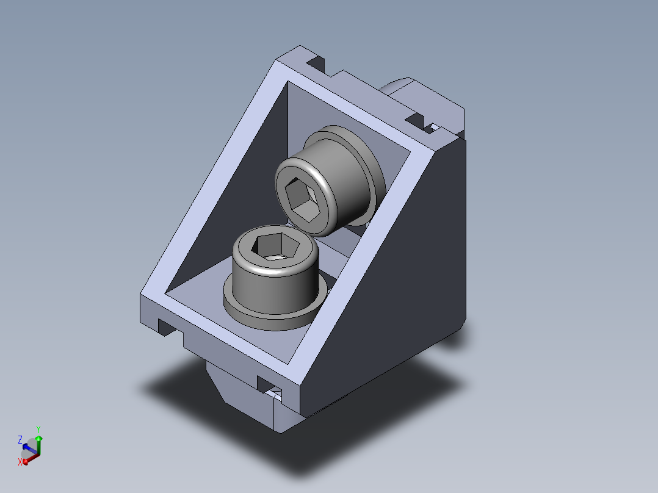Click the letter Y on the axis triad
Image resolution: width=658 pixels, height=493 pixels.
click(38, 430)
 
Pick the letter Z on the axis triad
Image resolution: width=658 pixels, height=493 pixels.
click(20, 440)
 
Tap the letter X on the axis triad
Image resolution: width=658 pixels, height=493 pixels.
click(20, 462)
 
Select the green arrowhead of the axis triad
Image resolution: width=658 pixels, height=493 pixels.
click(38, 439)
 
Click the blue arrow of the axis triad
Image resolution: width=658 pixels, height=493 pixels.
click(29, 449)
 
